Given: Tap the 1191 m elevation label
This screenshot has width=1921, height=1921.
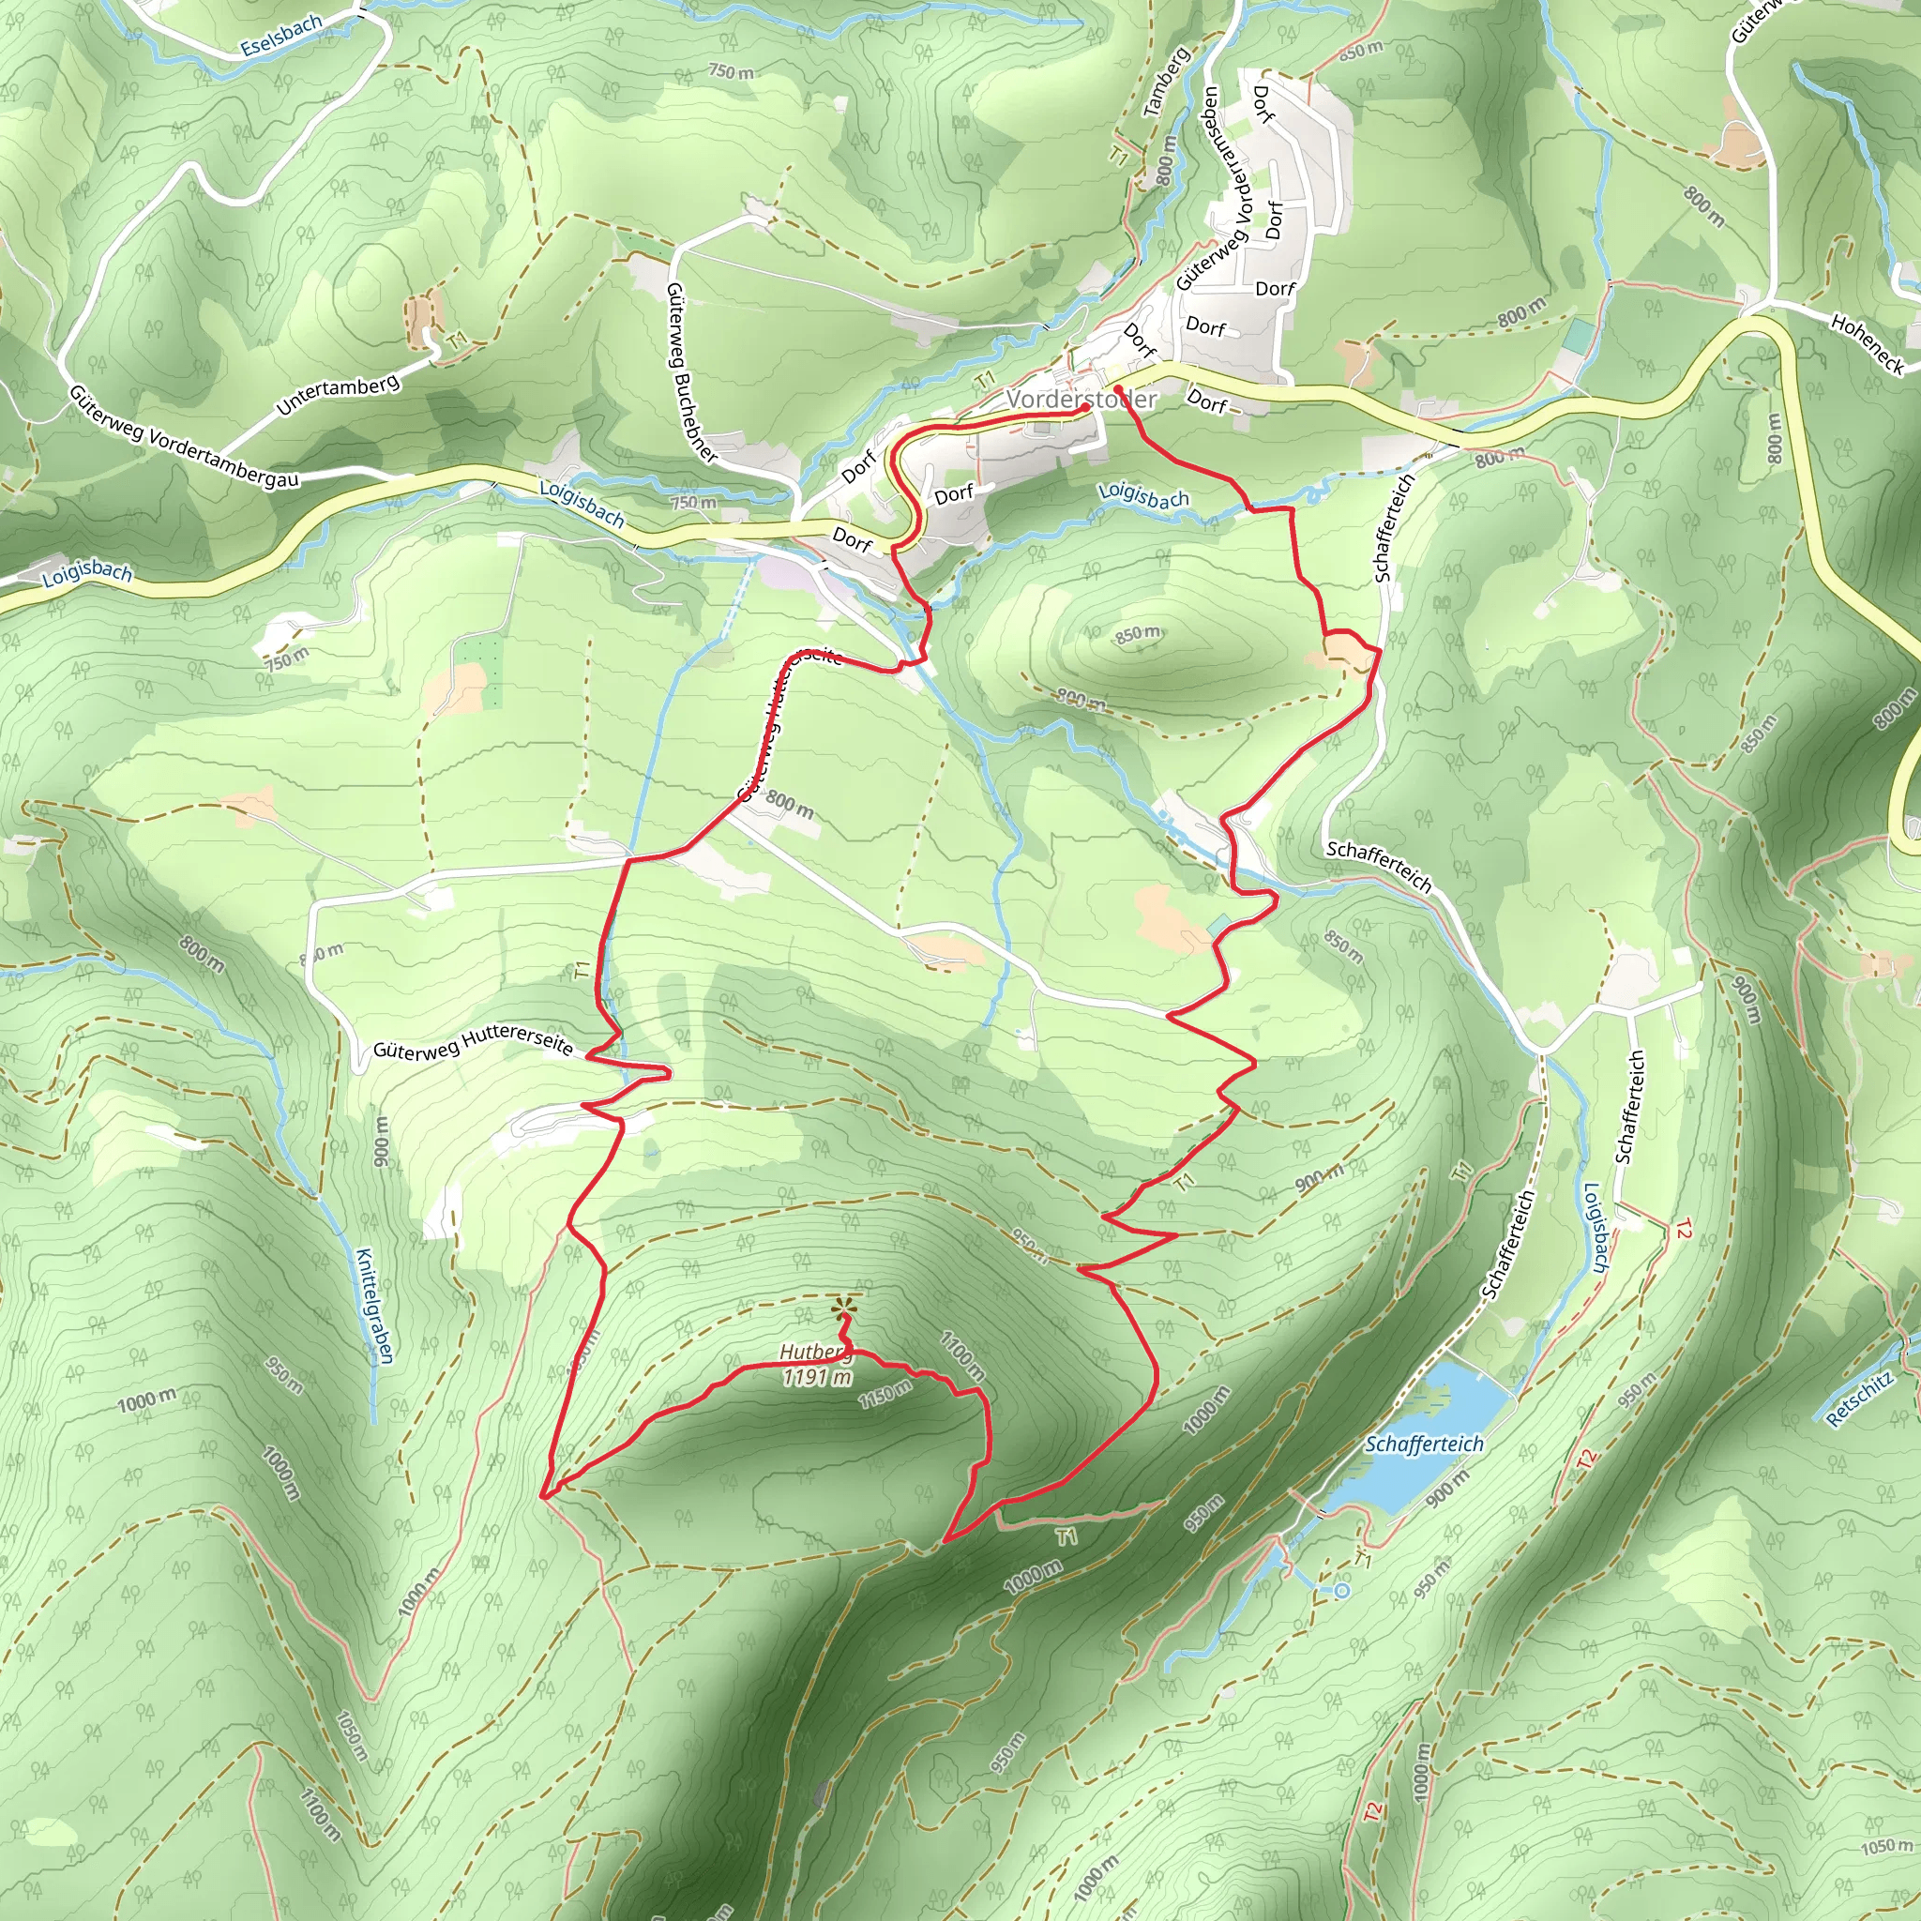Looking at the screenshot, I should [817, 1377].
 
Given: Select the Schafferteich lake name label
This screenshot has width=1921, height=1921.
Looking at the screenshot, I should [1424, 1444].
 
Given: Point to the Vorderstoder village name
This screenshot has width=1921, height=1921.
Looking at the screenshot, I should [1082, 399].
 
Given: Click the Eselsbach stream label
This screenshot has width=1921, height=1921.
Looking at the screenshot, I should [281, 35].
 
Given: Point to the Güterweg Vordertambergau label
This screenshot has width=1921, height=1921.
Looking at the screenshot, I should [184, 437].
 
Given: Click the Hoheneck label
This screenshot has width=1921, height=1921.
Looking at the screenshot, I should [1868, 344].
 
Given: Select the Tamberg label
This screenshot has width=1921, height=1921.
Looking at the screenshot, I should [1166, 83].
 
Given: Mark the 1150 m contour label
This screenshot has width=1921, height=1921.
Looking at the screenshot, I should [885, 1394].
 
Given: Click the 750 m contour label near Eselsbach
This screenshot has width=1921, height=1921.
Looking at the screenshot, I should [731, 71].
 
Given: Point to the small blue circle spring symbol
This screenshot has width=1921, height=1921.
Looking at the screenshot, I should [1342, 1591].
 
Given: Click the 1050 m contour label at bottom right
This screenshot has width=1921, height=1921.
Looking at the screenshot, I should [1886, 1846].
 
